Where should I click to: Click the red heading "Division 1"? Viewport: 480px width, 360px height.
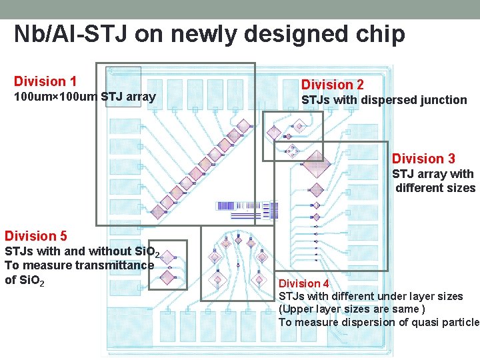coord(45,82)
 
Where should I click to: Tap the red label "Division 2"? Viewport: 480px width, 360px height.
coord(333,85)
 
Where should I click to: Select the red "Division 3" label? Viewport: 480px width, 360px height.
coord(423,159)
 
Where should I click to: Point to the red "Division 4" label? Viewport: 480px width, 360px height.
coord(303,284)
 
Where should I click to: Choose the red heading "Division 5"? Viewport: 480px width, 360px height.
coord(36,236)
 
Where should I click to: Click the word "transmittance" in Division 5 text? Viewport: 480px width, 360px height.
coord(115,265)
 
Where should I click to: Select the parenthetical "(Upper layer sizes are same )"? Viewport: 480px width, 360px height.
coord(351,309)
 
